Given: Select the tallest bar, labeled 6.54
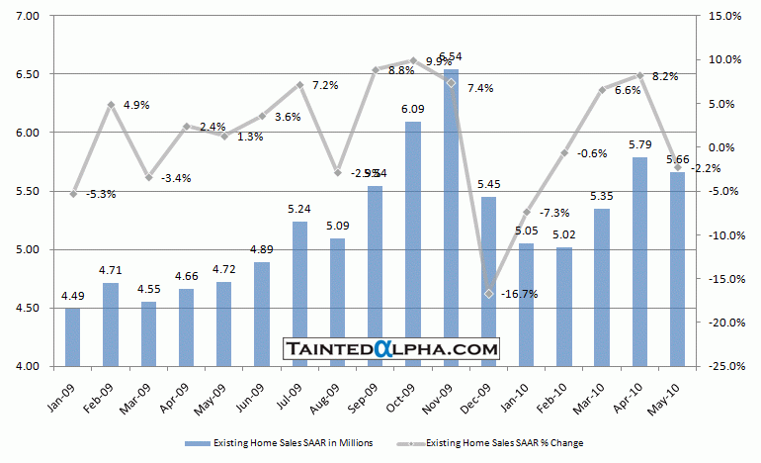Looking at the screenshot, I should point(451,218).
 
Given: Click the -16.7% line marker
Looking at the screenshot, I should point(489,293).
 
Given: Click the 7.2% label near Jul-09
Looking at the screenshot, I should point(324,85).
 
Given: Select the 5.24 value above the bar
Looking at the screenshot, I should point(299,209).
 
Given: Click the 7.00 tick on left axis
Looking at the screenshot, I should point(27,16).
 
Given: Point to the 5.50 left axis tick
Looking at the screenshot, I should point(27,191).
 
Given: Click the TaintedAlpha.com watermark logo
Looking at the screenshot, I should point(391,348).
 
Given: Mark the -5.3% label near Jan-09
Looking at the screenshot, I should point(100,194).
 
